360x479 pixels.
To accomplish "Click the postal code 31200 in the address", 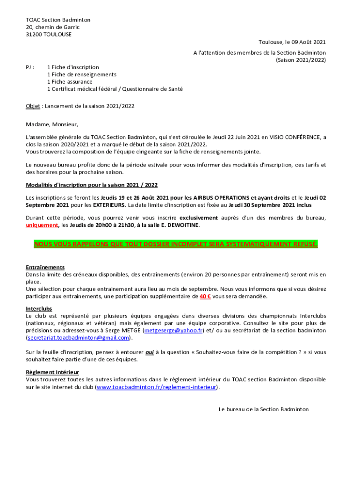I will click(x=34, y=35).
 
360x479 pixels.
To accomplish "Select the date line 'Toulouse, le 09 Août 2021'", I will click(x=292, y=42).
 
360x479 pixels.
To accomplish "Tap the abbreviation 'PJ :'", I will click(x=30, y=67).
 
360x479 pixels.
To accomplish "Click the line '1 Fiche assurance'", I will click(x=70, y=82).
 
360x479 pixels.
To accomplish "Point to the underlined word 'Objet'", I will click(x=33, y=106).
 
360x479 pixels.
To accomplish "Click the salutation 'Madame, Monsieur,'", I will click(x=52, y=124).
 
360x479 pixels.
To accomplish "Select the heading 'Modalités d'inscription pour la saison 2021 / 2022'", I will click(x=92, y=185).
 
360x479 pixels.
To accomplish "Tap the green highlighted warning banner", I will click(x=176, y=245).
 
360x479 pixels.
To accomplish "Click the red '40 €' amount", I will click(x=205, y=297).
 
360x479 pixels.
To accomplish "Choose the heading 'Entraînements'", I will click(x=45, y=268).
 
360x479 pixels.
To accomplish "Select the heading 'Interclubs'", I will click(x=39, y=309).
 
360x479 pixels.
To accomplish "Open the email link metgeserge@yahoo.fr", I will click(x=173, y=331).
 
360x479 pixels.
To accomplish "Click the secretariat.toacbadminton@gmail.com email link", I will click(x=78, y=338).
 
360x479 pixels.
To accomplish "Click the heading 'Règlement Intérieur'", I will click(x=52, y=372).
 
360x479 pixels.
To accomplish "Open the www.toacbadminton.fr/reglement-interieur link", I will click(x=157, y=388).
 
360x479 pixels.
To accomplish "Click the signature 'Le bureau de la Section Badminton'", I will click(x=264, y=409).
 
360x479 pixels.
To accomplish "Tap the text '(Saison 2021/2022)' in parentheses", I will click(x=301, y=60).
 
